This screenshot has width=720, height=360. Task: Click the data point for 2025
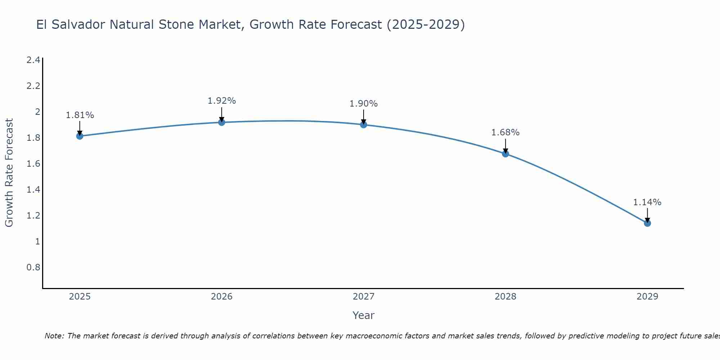[x=80, y=136]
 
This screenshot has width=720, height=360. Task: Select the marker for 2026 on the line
[x=221, y=122]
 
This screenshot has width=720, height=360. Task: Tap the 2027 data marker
[x=364, y=125]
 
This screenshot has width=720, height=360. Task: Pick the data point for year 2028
[x=505, y=154]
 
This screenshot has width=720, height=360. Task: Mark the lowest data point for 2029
[x=647, y=223]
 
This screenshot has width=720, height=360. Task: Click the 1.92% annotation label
[x=221, y=101]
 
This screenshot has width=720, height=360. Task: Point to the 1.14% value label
[x=647, y=202]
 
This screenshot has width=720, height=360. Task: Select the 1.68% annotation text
[x=505, y=132]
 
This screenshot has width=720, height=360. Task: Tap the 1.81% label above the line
[x=80, y=115]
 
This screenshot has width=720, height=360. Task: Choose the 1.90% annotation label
[x=363, y=104]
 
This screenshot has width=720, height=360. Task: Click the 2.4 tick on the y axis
[x=33, y=60]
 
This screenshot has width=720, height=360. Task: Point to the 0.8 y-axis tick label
[x=33, y=267]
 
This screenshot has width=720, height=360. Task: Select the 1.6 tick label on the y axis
[x=33, y=164]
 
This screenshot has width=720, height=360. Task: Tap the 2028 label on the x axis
[x=505, y=297]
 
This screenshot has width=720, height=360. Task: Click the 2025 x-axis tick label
[x=80, y=297]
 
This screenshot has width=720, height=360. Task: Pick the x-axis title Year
[x=363, y=315]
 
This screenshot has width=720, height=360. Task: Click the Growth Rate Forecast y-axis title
[x=9, y=172]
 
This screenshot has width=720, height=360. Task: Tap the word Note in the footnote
[x=54, y=336]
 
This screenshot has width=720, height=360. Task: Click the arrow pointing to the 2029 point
[x=647, y=215]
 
